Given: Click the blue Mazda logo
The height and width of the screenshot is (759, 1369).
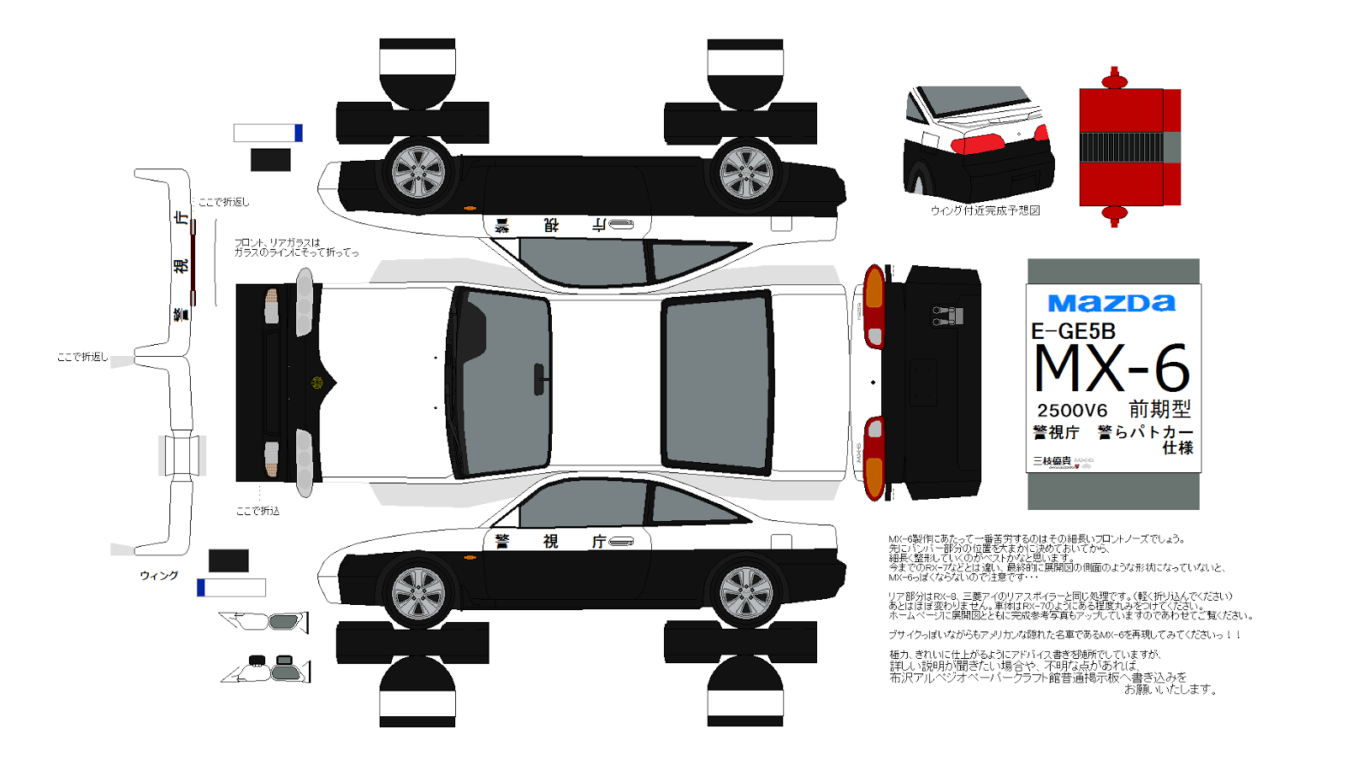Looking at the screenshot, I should point(1111,303).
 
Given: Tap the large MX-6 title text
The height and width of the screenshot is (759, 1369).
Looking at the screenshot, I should point(1111,369).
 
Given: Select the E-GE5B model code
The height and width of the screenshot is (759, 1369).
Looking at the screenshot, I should point(1073,331).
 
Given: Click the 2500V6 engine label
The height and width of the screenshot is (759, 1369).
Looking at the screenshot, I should point(1072,411).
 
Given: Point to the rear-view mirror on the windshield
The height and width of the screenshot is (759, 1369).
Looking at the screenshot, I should point(539,379).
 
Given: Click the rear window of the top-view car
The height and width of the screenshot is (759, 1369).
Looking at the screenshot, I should point(716,382).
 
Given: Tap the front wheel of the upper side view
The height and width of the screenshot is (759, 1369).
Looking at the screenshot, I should point(418,174).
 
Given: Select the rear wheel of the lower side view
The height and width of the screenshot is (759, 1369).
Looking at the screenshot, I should point(745,592).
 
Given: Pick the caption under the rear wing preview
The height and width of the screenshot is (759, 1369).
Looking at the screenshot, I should point(985,211).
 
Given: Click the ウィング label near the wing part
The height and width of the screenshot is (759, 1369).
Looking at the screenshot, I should point(159,576).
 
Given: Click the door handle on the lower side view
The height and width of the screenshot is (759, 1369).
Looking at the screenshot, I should point(621,542).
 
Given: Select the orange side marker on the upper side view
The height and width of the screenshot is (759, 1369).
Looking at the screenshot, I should point(469,208).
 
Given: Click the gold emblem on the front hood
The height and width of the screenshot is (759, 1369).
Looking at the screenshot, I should point(317,382).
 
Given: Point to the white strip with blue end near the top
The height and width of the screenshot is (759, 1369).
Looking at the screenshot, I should point(268,133).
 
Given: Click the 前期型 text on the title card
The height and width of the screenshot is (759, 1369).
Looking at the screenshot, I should point(1159,409).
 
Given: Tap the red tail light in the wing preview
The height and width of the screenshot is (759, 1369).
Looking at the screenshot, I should point(977,143).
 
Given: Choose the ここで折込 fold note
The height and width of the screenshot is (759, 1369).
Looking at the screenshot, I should point(258,511).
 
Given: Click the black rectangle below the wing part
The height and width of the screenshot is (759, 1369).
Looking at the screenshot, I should point(228,560).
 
